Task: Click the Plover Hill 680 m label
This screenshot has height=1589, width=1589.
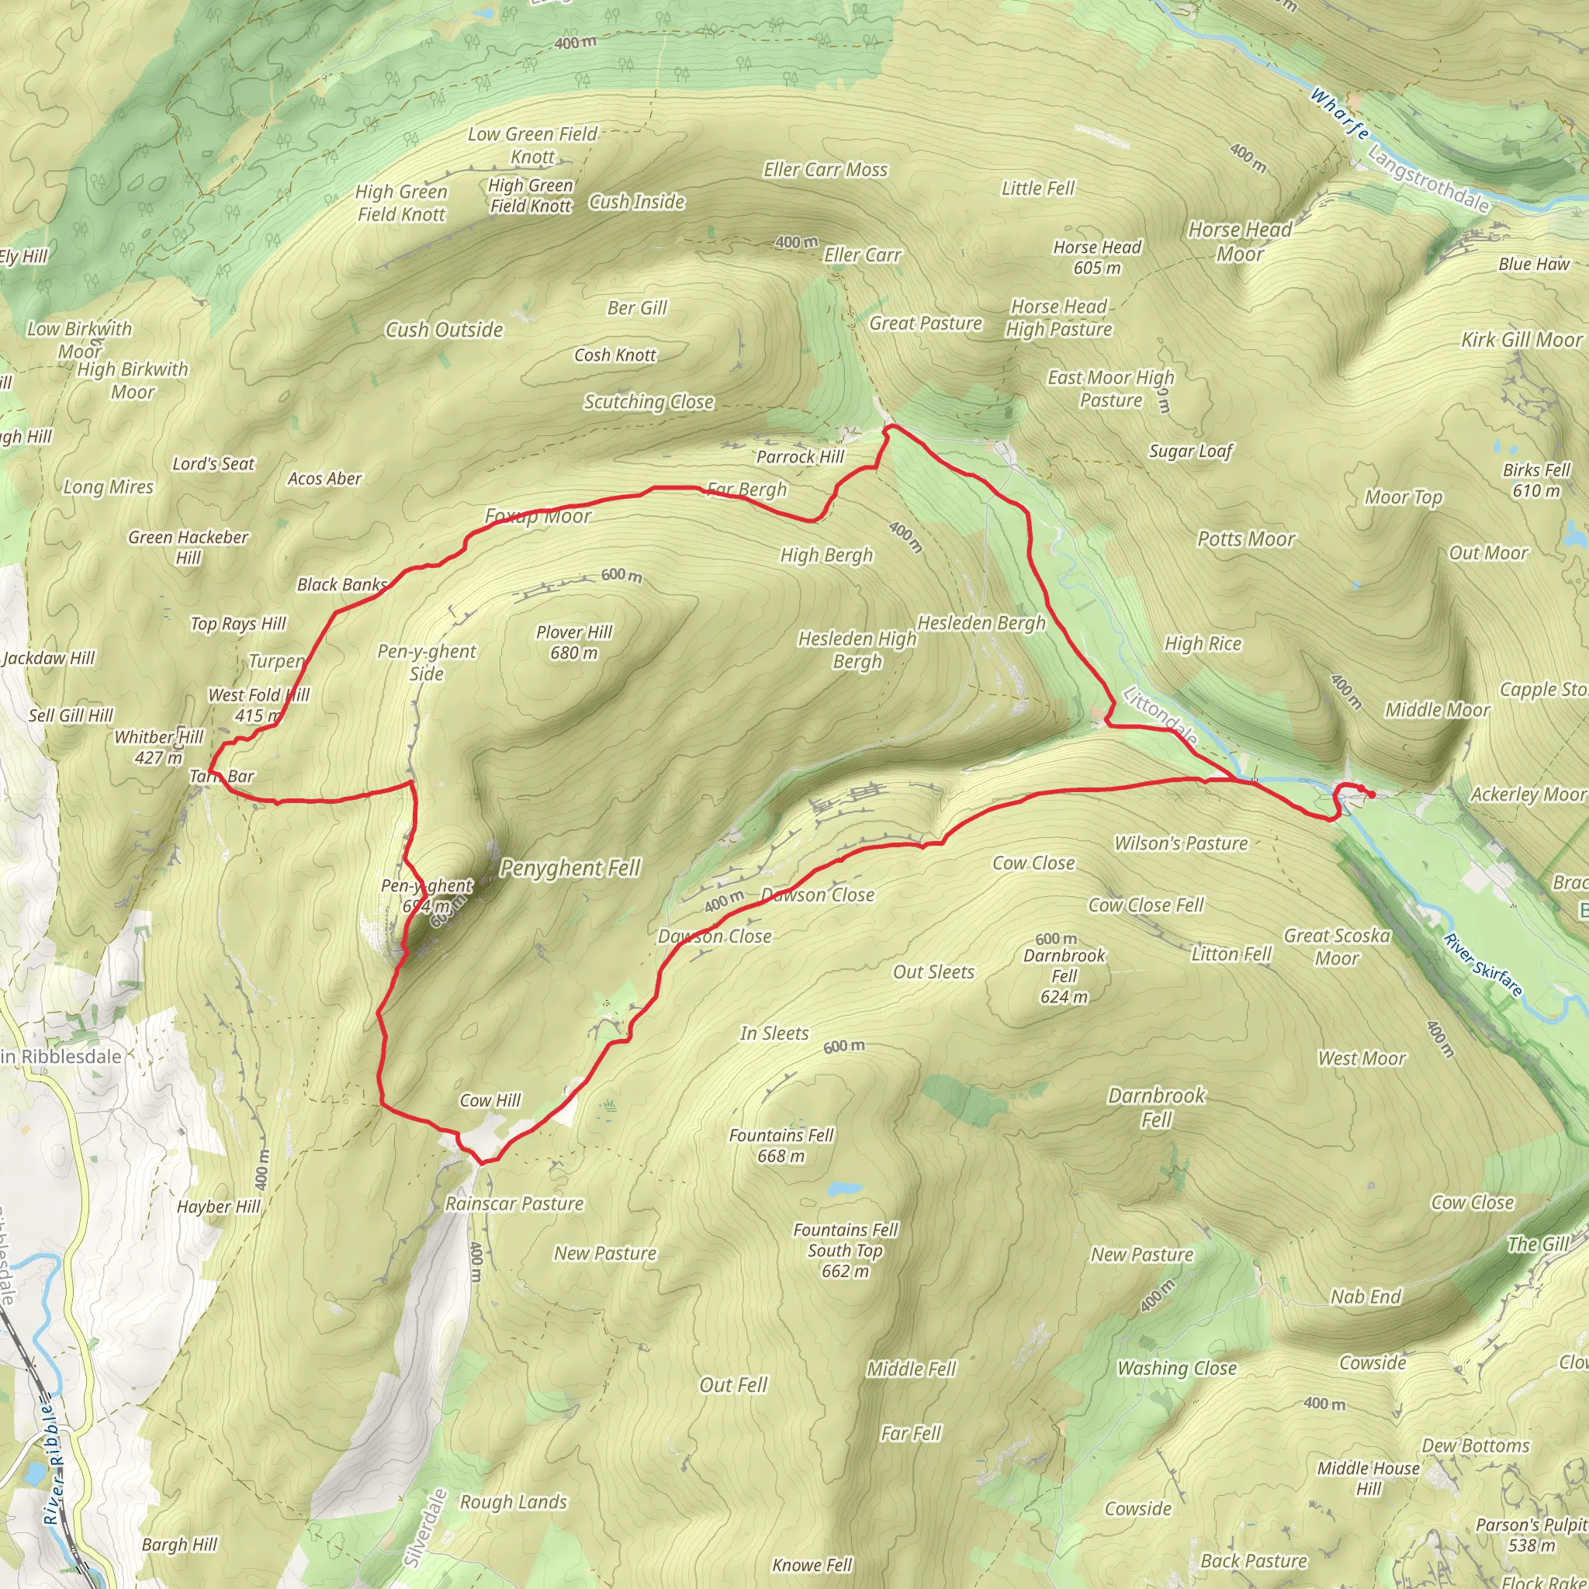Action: (x=574, y=642)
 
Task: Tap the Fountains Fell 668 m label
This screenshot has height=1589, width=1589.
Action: (x=781, y=1145)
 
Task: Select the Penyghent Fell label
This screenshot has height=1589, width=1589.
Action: (x=570, y=867)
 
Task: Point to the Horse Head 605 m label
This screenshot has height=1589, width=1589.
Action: (x=1096, y=257)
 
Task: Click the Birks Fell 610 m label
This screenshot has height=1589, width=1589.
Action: (x=1535, y=479)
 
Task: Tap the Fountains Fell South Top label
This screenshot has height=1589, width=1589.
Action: (x=846, y=1249)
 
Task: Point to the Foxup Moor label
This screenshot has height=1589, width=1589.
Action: (x=538, y=517)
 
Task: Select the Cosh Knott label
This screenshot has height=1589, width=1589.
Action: (x=614, y=355)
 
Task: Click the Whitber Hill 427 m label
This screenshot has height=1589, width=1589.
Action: (x=158, y=747)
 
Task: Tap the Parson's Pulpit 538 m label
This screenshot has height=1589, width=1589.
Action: (x=1531, y=1535)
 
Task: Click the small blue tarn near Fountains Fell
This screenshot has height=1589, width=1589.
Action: (x=844, y=1189)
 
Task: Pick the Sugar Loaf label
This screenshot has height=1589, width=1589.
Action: (x=1190, y=451)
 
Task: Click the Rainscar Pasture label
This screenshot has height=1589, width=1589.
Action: (x=514, y=1203)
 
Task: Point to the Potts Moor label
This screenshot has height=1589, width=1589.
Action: (x=1245, y=538)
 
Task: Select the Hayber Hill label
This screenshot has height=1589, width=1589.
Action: (x=218, y=1206)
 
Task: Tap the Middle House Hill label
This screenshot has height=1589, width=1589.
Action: (x=1368, y=1478)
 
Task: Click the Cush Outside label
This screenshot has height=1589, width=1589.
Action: (x=444, y=330)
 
